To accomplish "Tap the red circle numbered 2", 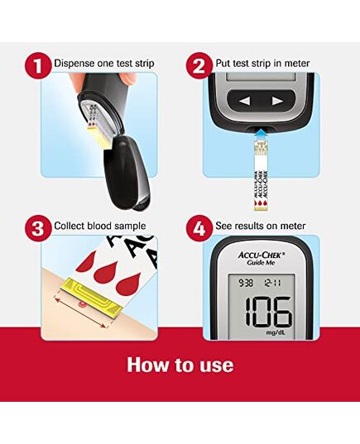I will click(199, 64).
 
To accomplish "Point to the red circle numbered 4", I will click(199, 226).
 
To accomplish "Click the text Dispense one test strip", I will click(103, 64).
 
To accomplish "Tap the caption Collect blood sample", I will click(100, 226).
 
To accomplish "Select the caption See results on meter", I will click(261, 226).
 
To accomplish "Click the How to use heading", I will click(180, 365).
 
